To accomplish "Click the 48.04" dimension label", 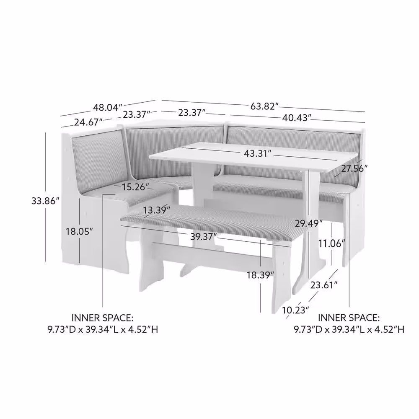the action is point(108,107).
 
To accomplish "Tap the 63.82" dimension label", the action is point(265,106).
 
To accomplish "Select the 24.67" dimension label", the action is point(88,122).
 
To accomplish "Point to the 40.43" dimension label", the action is point(297,118).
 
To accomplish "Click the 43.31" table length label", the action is point(258,154).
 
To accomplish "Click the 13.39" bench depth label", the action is point(156,210).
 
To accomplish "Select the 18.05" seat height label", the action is point(79,231).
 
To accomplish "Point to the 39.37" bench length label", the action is point(204,236).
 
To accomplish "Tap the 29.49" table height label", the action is point(309,223).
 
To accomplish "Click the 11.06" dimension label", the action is point(331,243).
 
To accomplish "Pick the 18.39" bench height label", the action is point(260,275).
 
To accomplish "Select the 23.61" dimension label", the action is point(324,285).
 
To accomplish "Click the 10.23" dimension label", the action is point(295,310).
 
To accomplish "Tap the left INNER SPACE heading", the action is point(102,318).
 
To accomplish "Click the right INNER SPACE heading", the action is point(349,318).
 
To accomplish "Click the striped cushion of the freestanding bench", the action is point(211,222).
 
